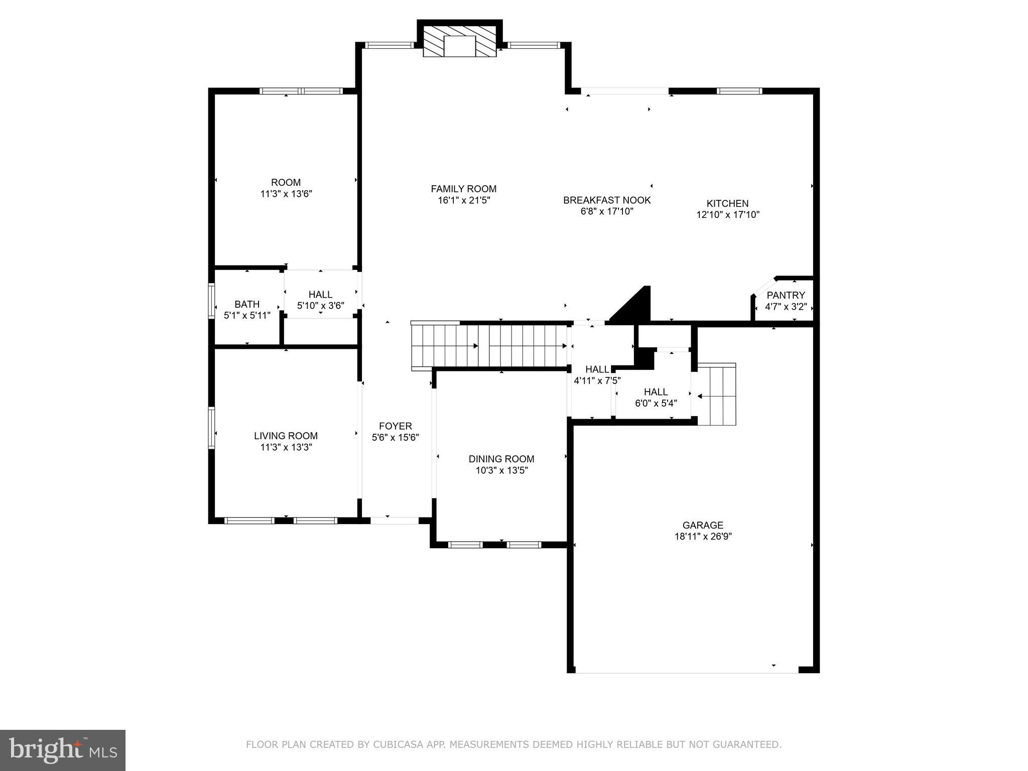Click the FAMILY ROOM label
pyautogui.click(x=463, y=189)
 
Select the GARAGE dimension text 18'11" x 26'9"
pyautogui.click(x=703, y=536)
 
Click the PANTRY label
pyautogui.click(x=786, y=295)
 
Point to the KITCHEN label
pyautogui.click(x=727, y=203)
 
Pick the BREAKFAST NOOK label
pyautogui.click(x=607, y=200)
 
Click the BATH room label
pyautogui.click(x=247, y=304)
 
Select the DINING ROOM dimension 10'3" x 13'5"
pyautogui.click(x=501, y=470)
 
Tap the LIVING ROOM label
pyautogui.click(x=286, y=436)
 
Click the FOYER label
pyautogui.click(x=395, y=426)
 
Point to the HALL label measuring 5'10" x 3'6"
pyautogui.click(x=320, y=295)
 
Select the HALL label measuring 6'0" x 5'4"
pyautogui.click(x=656, y=392)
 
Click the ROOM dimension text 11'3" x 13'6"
pyautogui.click(x=286, y=194)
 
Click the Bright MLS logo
pyautogui.click(x=62, y=750)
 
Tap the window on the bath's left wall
pyautogui.click(x=212, y=301)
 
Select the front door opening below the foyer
pyautogui.click(x=395, y=521)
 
